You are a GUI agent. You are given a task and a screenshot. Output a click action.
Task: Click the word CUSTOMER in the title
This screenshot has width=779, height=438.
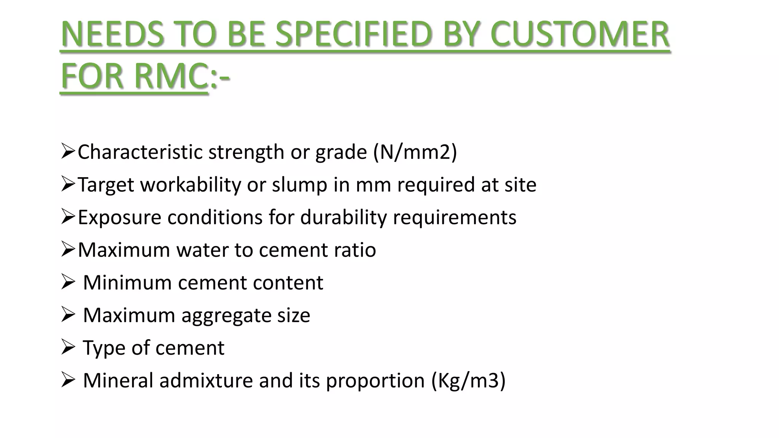(x=580, y=34)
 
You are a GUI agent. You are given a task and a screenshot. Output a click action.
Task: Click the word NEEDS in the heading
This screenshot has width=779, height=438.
(x=113, y=34)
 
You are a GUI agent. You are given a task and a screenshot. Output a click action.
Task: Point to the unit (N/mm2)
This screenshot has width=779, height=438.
(x=415, y=152)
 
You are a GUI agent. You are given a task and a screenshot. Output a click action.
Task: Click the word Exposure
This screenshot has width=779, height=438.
(x=119, y=217)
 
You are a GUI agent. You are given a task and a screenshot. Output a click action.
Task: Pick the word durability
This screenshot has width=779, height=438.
(x=343, y=217)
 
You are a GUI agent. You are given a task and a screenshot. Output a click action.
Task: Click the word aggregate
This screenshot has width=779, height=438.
(x=226, y=316)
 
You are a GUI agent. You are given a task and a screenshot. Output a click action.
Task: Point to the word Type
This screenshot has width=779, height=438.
(x=104, y=348)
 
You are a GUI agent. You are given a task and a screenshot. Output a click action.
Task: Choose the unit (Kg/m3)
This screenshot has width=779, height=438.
(x=468, y=381)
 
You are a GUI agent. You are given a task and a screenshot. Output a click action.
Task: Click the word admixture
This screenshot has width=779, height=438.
(x=206, y=381)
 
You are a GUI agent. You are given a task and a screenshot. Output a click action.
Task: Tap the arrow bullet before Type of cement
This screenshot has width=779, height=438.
(x=67, y=348)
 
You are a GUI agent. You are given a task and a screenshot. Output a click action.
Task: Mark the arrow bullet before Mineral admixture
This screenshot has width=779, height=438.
(x=67, y=380)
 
